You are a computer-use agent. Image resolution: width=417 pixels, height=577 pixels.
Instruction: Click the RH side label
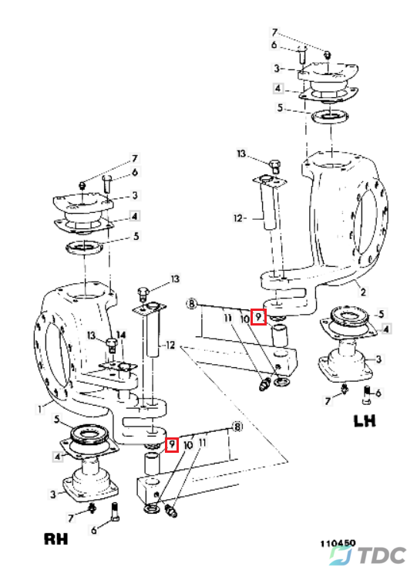point(56,538)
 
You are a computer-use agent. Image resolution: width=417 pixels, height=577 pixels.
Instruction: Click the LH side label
point(365,420)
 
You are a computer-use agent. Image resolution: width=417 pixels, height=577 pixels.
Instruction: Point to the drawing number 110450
point(338,544)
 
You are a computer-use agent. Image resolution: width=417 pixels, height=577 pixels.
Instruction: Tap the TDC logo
point(368,555)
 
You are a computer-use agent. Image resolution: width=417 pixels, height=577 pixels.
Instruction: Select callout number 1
point(40,409)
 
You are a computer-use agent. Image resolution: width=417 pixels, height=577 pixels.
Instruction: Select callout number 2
point(363,292)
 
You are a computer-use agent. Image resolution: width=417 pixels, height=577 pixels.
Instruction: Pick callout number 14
point(121,335)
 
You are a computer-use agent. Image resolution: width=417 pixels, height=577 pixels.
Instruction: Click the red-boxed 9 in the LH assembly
point(258,317)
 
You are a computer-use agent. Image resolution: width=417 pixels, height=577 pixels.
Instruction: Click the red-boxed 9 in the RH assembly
point(172,444)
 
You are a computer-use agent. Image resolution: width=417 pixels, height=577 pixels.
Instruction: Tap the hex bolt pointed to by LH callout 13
point(275,166)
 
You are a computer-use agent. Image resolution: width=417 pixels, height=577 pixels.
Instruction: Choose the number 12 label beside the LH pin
point(238,218)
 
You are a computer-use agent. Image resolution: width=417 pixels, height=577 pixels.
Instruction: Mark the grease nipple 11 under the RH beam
point(171,511)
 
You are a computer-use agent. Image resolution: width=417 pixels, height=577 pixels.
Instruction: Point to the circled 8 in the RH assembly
point(238,427)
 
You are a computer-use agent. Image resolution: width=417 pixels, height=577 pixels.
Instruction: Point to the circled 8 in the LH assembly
point(192,304)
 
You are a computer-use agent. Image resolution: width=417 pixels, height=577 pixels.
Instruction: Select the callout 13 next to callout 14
point(92,336)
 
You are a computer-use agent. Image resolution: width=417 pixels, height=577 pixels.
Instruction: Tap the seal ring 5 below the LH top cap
point(330,117)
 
